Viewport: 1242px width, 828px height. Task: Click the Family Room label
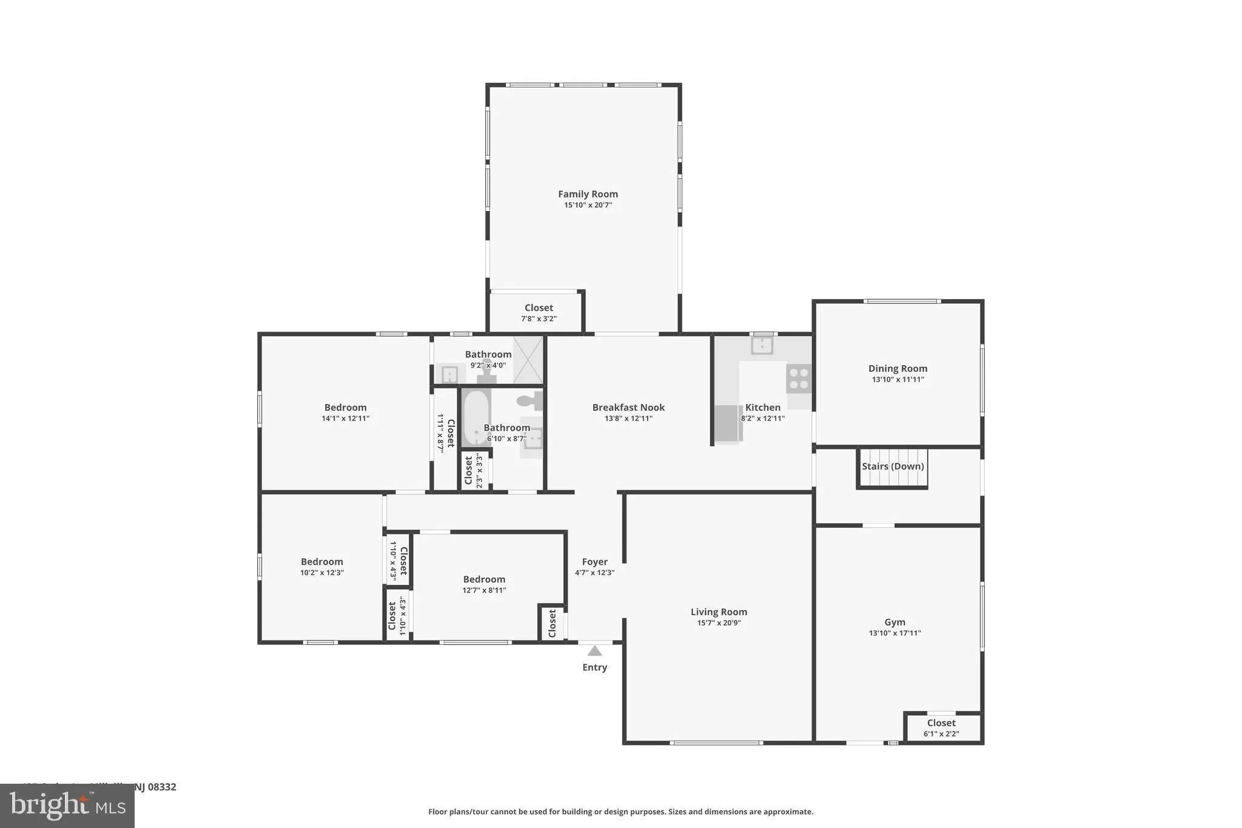[588, 194]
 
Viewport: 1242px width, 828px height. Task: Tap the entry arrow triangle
[594, 651]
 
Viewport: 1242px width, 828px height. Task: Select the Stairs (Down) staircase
[893, 468]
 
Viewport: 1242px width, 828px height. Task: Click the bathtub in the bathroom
[476, 418]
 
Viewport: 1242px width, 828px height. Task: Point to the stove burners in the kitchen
[799, 378]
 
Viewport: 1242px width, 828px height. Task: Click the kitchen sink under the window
[762, 345]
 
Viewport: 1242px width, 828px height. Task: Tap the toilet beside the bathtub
[529, 400]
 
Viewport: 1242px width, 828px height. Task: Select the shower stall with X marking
[528, 359]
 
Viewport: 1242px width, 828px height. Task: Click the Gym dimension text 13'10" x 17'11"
[895, 633]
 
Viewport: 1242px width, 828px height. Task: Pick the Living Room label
[719, 612]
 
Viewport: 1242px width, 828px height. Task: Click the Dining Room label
[898, 368]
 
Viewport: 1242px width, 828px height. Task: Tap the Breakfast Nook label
[628, 408]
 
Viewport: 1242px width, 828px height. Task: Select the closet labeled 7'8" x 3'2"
[539, 312]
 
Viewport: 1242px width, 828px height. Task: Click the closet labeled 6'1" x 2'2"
[941, 727]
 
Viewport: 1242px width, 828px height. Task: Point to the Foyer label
[594, 562]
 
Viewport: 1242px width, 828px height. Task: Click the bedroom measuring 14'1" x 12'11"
[345, 412]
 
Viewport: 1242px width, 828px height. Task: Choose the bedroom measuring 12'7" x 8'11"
[484, 584]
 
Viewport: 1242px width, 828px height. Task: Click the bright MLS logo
[67, 806]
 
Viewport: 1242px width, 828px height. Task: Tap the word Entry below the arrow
[594, 667]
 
